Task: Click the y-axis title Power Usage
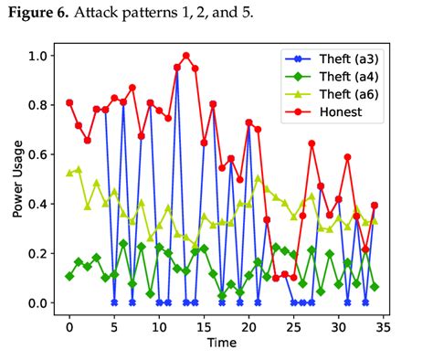tap(17, 178)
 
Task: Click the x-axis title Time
tap(222, 344)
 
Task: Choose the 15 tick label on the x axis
tap(204, 325)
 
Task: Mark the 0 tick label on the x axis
tap(69, 325)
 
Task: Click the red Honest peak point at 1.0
tap(185, 56)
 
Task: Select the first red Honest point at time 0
tap(69, 102)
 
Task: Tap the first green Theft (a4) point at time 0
tap(69, 276)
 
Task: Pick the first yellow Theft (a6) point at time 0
tap(69, 173)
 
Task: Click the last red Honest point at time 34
tap(375, 206)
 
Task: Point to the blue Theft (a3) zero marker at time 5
tap(114, 302)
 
